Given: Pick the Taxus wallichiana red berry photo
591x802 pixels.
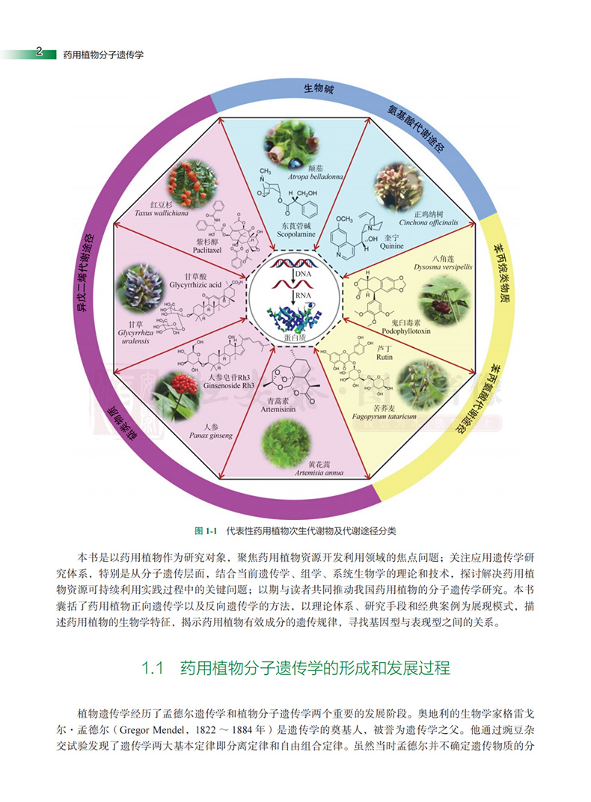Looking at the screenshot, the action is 183,183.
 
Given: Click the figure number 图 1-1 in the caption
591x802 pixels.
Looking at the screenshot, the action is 204,530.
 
